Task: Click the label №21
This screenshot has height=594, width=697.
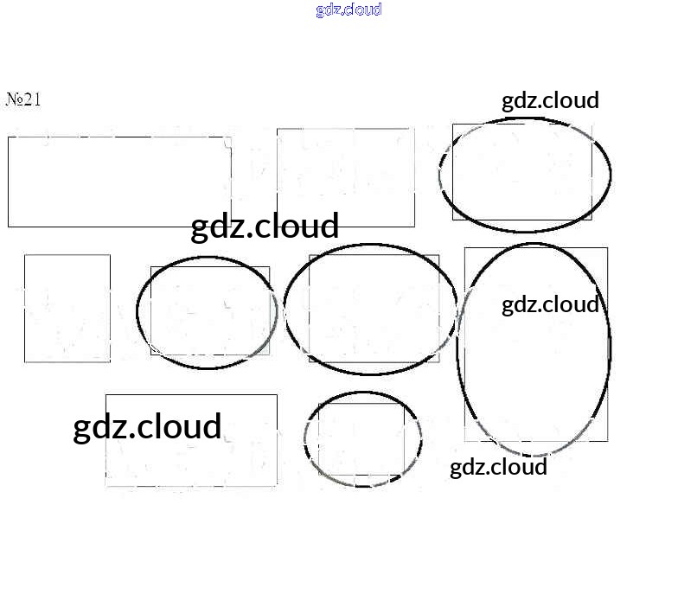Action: click(x=23, y=99)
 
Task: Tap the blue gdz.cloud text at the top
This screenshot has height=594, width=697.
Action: click(x=348, y=10)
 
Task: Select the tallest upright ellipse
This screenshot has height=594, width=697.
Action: click(x=534, y=348)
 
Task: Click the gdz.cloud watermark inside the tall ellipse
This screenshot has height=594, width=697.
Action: click(x=550, y=304)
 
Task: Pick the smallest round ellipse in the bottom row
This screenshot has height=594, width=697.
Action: click(x=363, y=439)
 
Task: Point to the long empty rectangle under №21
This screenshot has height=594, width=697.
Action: click(x=119, y=182)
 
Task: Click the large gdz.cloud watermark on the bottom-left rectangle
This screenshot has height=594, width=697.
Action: click(x=147, y=427)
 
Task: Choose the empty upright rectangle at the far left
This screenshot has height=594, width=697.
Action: click(x=67, y=308)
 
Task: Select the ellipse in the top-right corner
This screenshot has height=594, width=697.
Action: click(x=525, y=176)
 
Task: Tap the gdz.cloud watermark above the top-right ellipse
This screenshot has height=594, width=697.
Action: click(x=550, y=100)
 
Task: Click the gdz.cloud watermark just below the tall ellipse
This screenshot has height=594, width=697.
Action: click(x=498, y=467)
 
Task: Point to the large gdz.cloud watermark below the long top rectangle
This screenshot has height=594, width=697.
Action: click(x=265, y=227)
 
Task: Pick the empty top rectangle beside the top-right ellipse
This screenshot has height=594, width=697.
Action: click(x=345, y=177)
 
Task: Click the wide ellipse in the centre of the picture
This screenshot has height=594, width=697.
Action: click(x=370, y=310)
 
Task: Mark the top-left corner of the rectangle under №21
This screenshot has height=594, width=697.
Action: click(x=9, y=137)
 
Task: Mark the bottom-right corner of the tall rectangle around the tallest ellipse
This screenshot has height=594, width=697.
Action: click(x=607, y=441)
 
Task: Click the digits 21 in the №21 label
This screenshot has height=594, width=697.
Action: click(x=32, y=99)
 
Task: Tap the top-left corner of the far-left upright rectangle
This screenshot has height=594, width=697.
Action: click(x=25, y=255)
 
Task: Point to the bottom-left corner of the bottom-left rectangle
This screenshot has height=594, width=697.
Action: click(x=106, y=486)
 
